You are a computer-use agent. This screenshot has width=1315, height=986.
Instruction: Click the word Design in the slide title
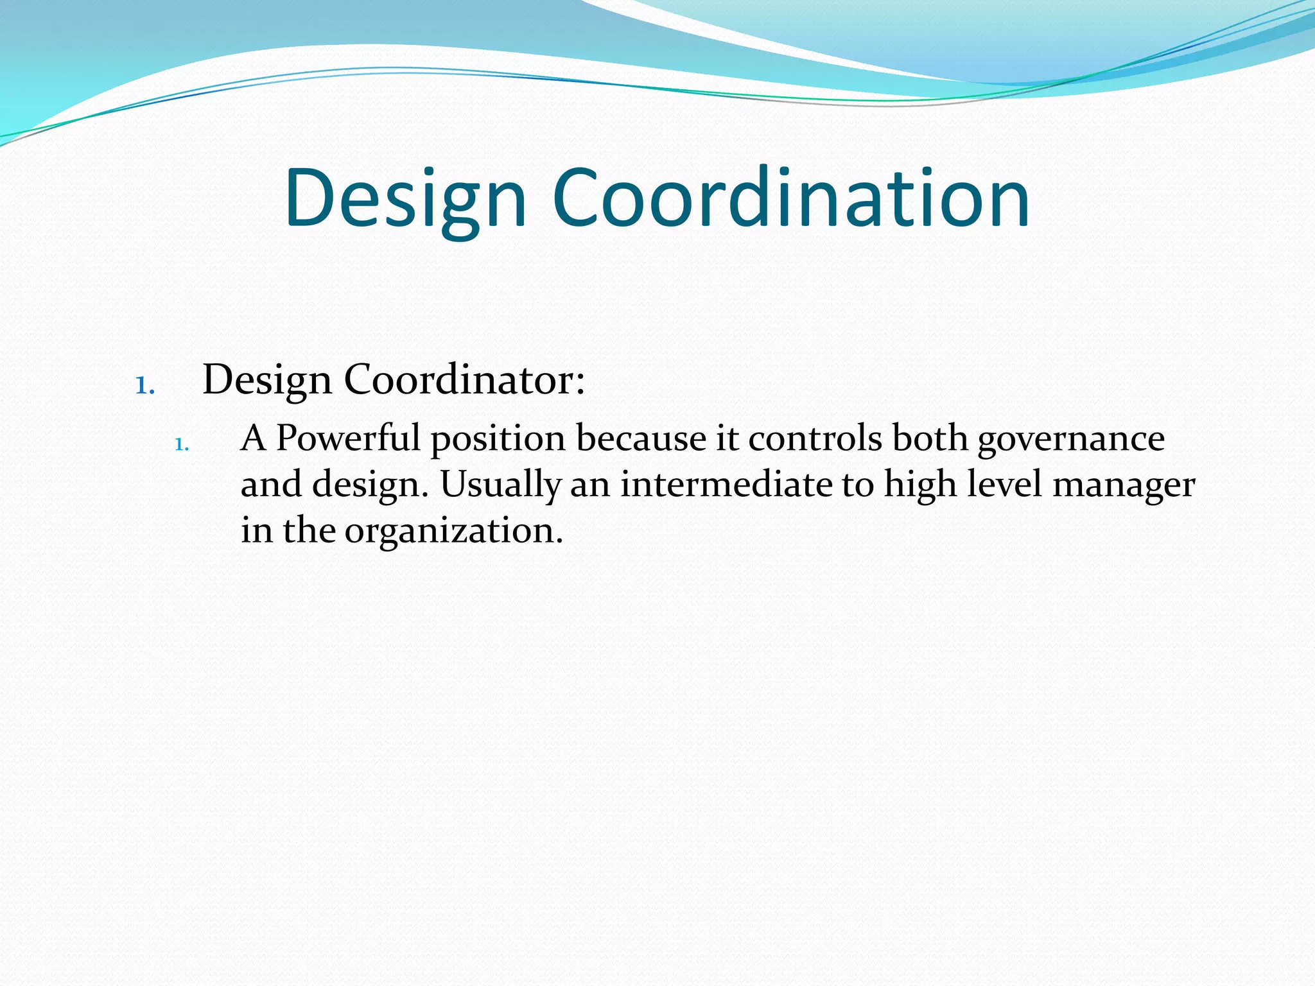tap(405, 199)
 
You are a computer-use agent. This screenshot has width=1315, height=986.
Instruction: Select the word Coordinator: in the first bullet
tap(464, 379)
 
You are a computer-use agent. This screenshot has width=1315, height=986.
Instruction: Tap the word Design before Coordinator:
tap(267, 381)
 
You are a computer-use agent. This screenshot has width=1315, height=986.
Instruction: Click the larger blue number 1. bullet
tap(145, 386)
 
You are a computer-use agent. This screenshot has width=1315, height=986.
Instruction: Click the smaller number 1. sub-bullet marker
tap(182, 444)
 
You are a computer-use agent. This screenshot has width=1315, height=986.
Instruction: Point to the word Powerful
tap(348, 438)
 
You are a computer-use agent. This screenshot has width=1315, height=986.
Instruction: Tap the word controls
tap(815, 438)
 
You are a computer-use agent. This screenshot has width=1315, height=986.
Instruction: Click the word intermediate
tap(726, 485)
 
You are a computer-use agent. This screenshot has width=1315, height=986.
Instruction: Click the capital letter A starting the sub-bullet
tap(253, 439)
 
